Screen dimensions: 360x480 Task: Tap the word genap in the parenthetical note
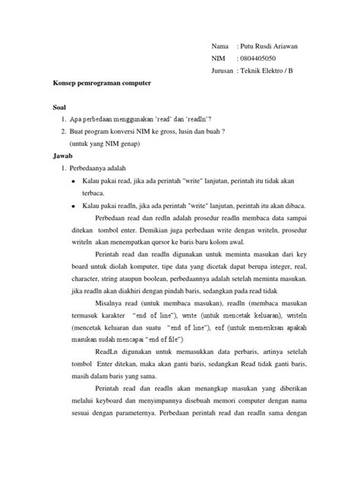(x=122, y=143)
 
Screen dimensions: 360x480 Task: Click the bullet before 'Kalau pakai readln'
(x=71, y=206)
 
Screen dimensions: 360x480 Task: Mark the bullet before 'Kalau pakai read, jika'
(x=71, y=183)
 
